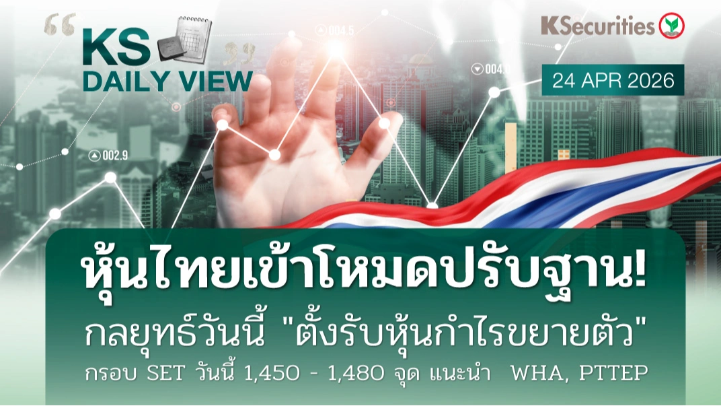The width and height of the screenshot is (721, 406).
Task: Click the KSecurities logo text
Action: click(597, 26)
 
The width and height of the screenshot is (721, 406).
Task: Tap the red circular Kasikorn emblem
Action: click(671, 26)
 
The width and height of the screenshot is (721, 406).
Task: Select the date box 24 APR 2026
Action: click(613, 80)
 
